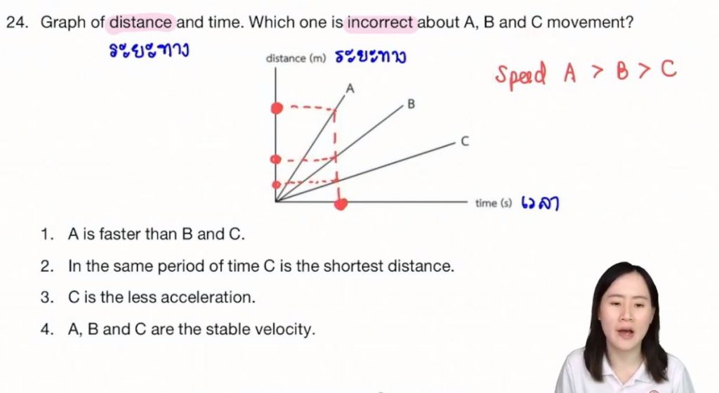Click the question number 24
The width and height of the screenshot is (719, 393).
pyautogui.click(x=17, y=22)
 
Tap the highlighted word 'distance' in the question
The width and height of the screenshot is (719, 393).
pyautogui.click(x=140, y=22)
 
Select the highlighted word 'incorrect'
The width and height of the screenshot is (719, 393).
pyautogui.click(x=380, y=22)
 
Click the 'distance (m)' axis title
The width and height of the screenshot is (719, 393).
pyautogui.click(x=296, y=58)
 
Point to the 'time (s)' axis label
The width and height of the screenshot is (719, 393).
pyautogui.click(x=494, y=203)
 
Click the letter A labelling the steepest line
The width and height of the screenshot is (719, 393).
pyautogui.click(x=350, y=89)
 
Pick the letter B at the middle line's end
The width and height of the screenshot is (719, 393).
pyautogui.click(x=411, y=104)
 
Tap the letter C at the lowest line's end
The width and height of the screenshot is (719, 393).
pyautogui.click(x=465, y=141)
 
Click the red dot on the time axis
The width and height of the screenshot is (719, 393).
pyautogui.click(x=341, y=203)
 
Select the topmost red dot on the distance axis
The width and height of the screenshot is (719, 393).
pyautogui.click(x=277, y=108)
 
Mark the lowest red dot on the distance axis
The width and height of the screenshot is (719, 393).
pyautogui.click(x=276, y=185)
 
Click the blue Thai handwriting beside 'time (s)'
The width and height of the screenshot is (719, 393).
pyautogui.click(x=540, y=203)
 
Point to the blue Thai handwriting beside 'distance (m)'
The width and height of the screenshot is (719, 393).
pyautogui.click(x=371, y=56)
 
